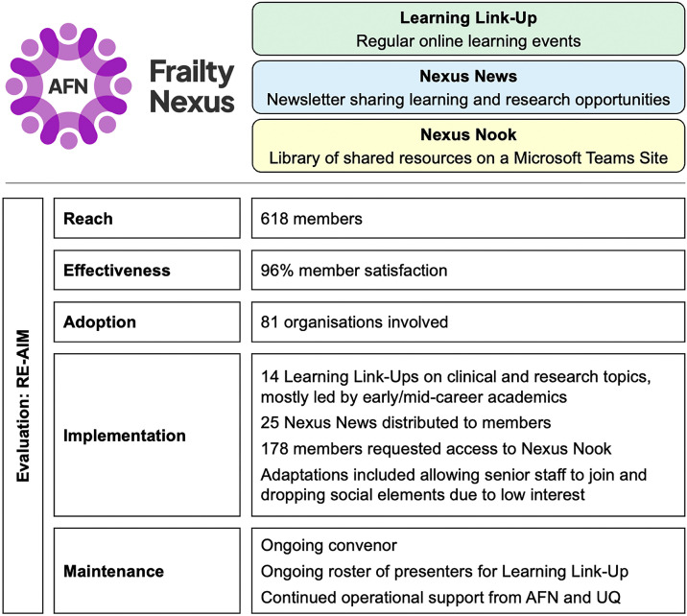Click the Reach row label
coord(87,219)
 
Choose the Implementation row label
coord(125,435)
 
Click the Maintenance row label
coord(113,571)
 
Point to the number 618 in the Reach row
coord(274,219)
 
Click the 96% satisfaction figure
coord(277,271)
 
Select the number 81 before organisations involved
coord(270,322)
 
